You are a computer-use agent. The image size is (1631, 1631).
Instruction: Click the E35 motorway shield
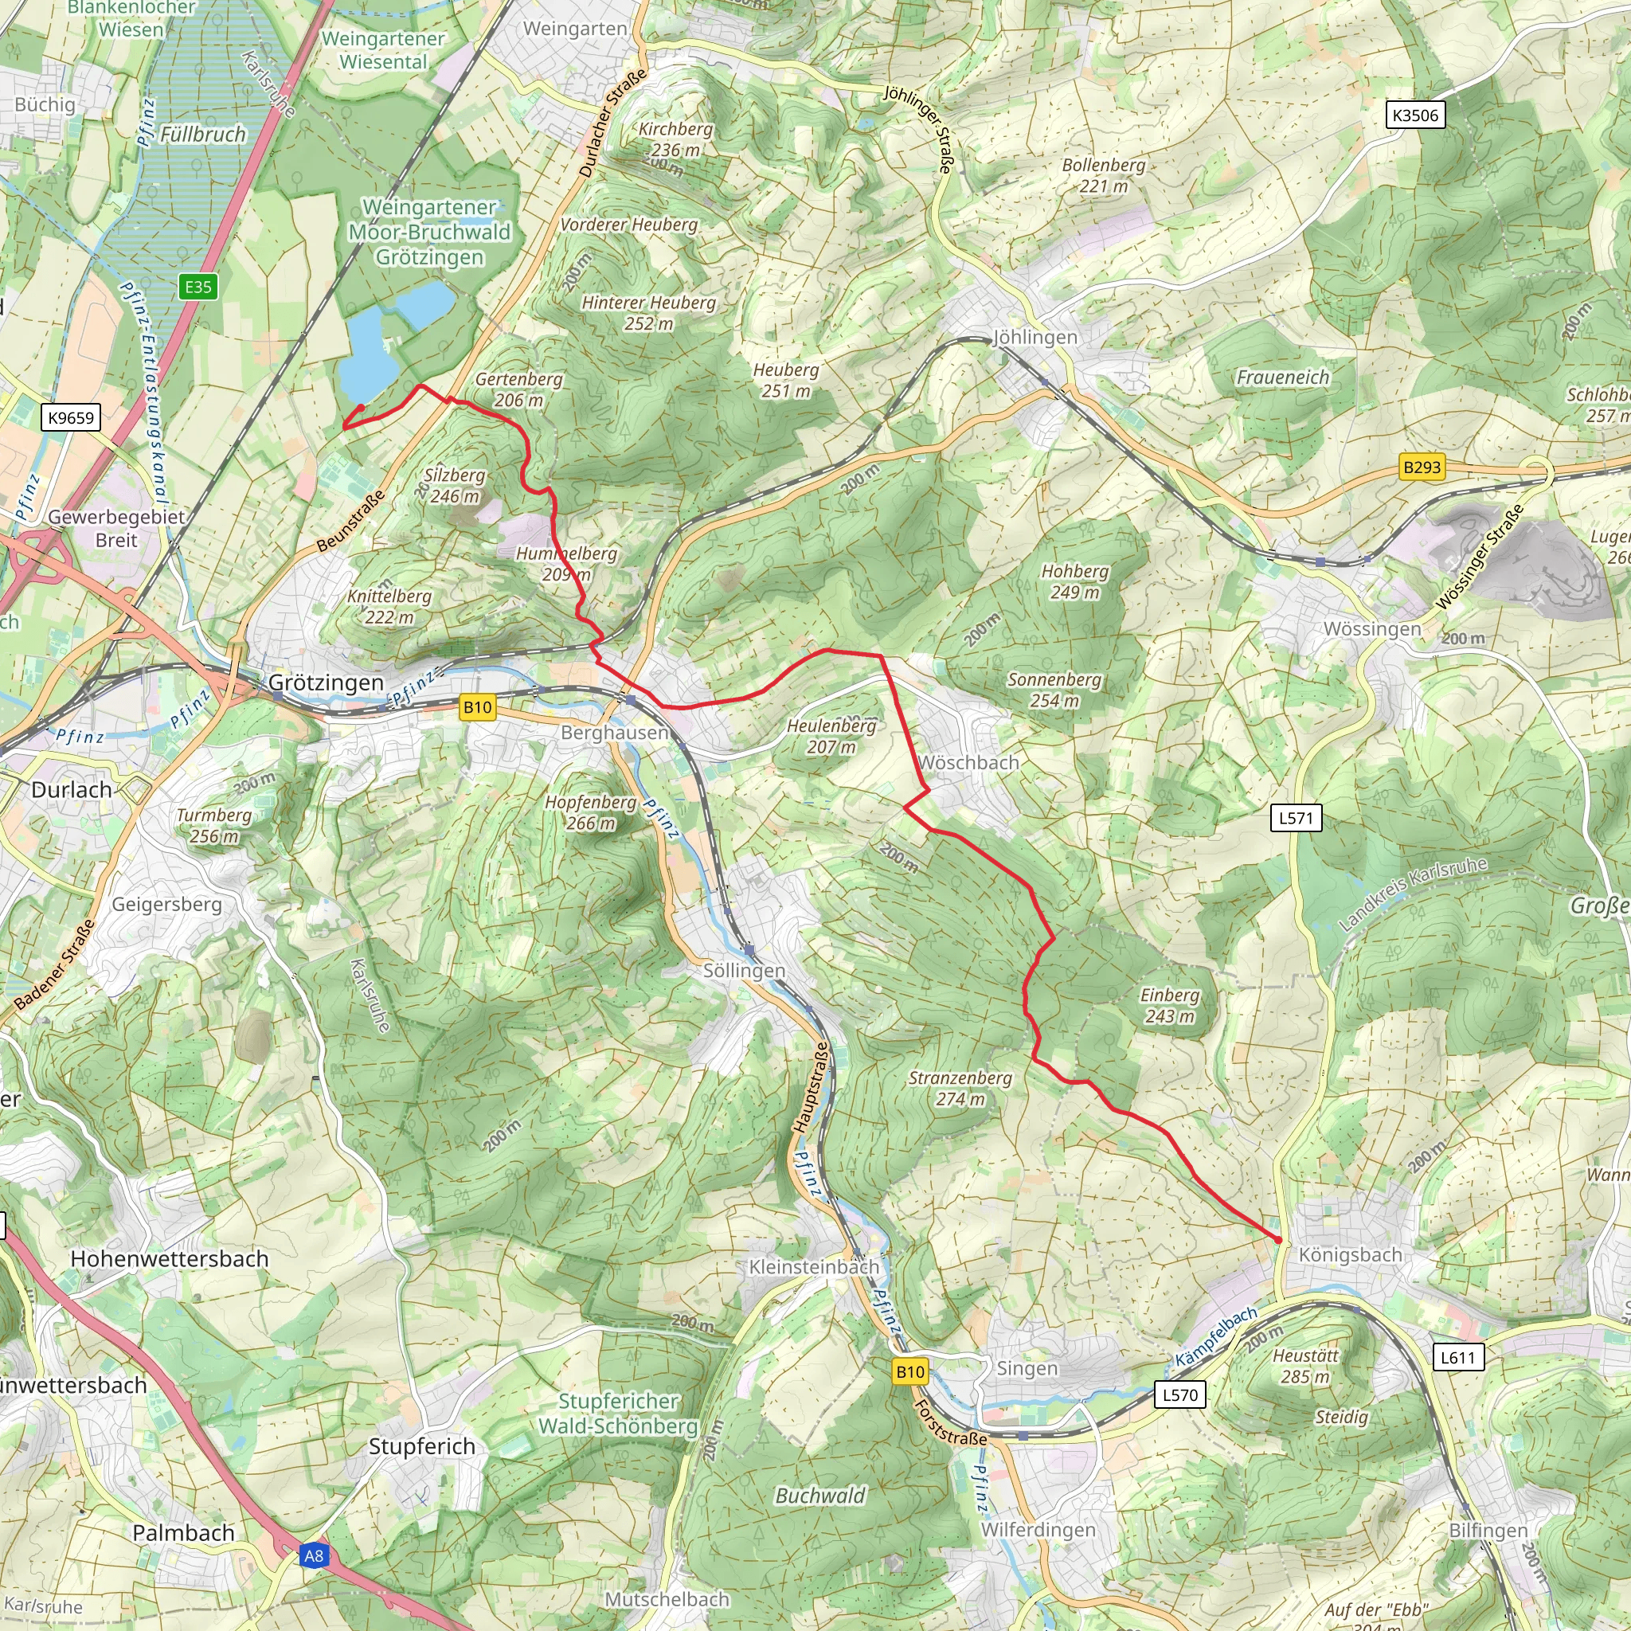[x=198, y=286]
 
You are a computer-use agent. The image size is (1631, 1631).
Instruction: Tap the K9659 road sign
[x=72, y=417]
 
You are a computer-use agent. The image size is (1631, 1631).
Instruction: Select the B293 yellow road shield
[x=1422, y=467]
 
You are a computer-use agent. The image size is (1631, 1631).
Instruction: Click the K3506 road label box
[x=1416, y=115]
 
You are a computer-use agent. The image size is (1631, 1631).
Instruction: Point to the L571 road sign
[x=1296, y=817]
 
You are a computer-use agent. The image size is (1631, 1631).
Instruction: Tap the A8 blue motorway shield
[x=313, y=1555]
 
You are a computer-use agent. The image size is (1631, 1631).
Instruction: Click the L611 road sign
[x=1458, y=1358]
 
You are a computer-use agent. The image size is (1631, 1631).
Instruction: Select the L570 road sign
[x=1179, y=1394]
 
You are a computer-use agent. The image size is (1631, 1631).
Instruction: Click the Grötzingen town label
[x=326, y=683]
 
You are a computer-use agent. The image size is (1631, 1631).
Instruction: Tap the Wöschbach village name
[x=968, y=762]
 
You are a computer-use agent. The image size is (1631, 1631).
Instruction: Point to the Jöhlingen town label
[x=1035, y=337]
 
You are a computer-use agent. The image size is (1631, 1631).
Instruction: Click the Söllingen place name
[x=744, y=971]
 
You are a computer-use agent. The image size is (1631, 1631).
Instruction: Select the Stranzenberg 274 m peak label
[x=960, y=1088]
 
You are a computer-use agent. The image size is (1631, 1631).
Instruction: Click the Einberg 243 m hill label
[x=1169, y=1006]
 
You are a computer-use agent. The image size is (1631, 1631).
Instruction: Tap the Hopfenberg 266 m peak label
[x=590, y=812]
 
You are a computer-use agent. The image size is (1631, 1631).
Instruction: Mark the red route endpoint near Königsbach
[x=1278, y=1240]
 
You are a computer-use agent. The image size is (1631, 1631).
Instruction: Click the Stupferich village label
[x=422, y=1446]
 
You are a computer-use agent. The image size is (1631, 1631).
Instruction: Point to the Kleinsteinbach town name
[x=814, y=1267]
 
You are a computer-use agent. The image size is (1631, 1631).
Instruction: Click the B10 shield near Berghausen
[x=477, y=707]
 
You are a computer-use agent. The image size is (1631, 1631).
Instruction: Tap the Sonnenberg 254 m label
[x=1054, y=690]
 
